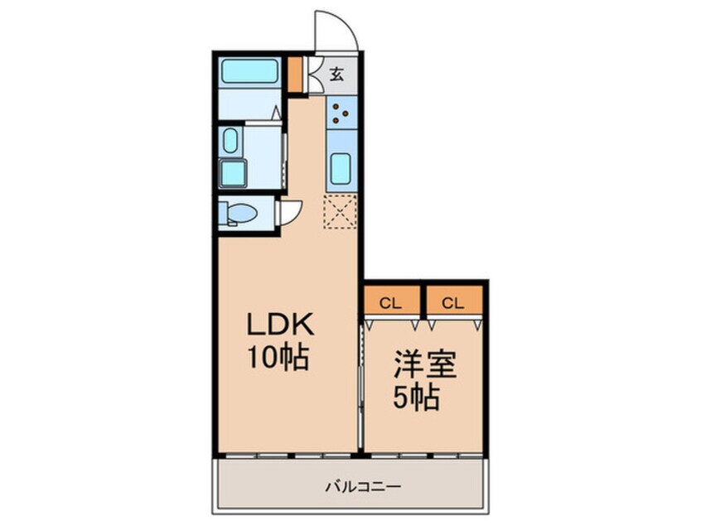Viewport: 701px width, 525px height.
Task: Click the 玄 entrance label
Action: point(336,75)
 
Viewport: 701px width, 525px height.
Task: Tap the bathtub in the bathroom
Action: point(249,71)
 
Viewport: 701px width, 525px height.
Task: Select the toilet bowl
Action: point(240,213)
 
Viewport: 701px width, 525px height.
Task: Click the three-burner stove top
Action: point(341,112)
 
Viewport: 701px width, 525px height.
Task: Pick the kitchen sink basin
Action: point(341,168)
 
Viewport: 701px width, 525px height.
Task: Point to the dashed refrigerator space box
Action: point(341,211)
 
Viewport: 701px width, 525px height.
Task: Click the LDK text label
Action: point(281,325)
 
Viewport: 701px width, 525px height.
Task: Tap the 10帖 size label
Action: point(278,358)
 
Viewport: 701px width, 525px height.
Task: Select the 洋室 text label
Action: point(425,364)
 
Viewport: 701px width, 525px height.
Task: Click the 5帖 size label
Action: point(416,397)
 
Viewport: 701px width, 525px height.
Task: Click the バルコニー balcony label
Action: point(363,486)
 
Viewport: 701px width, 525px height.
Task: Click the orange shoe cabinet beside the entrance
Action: point(294,75)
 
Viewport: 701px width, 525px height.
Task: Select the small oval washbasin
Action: point(230,140)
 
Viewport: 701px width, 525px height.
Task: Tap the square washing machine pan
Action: point(233,173)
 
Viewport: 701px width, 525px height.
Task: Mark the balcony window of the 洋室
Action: point(423,455)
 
